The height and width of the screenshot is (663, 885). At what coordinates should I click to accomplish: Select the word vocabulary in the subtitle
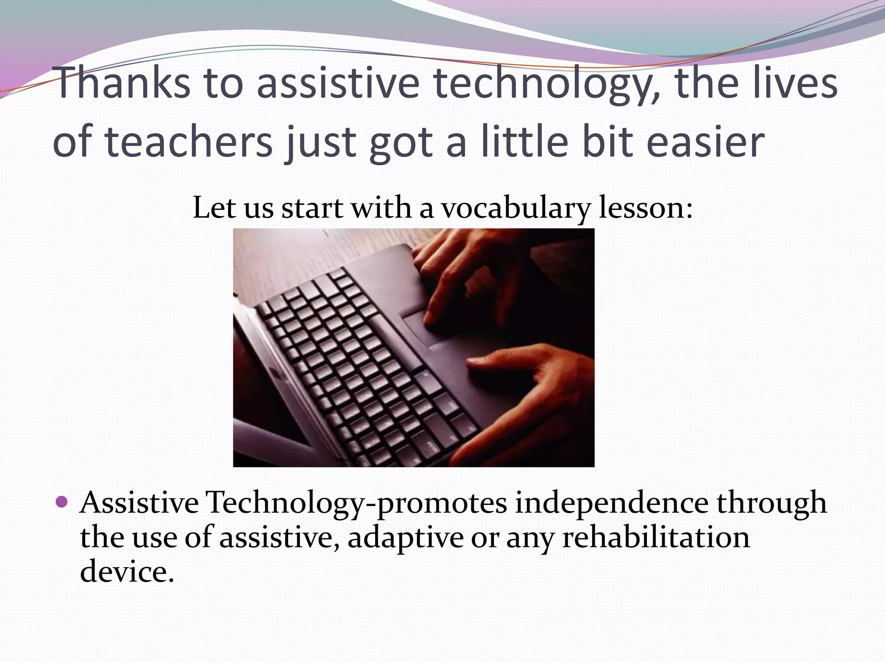pos(515,209)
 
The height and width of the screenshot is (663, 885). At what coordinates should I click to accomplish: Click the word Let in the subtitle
pos(213,208)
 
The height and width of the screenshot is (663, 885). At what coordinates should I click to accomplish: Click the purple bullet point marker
pos(62,502)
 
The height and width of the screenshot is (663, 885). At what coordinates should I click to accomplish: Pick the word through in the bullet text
pos(771,503)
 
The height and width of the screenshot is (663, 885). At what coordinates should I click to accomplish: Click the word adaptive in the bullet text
pos(405,538)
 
